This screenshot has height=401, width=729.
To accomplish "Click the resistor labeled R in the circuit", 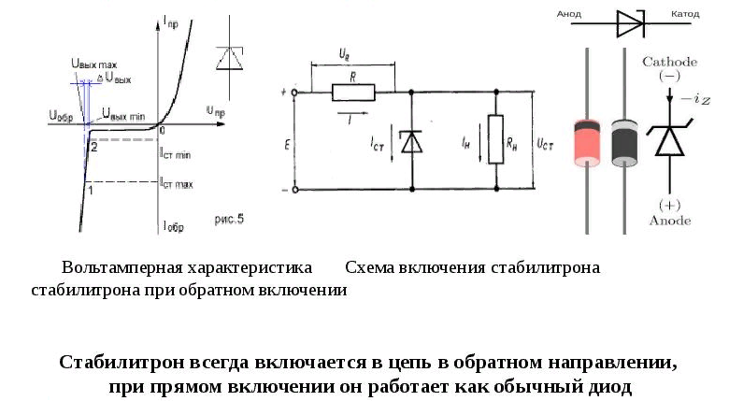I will click(352, 92).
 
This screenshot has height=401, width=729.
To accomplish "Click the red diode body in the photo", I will click(586, 139).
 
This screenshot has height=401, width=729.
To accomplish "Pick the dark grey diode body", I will click(623, 139).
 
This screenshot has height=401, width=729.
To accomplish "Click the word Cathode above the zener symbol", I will click(667, 62).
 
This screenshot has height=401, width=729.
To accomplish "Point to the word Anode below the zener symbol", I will click(668, 221).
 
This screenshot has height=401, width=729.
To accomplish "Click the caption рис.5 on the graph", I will click(229, 220).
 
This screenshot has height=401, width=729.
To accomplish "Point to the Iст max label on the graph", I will click(176, 184).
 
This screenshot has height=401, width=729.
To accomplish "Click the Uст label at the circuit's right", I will click(546, 145).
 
